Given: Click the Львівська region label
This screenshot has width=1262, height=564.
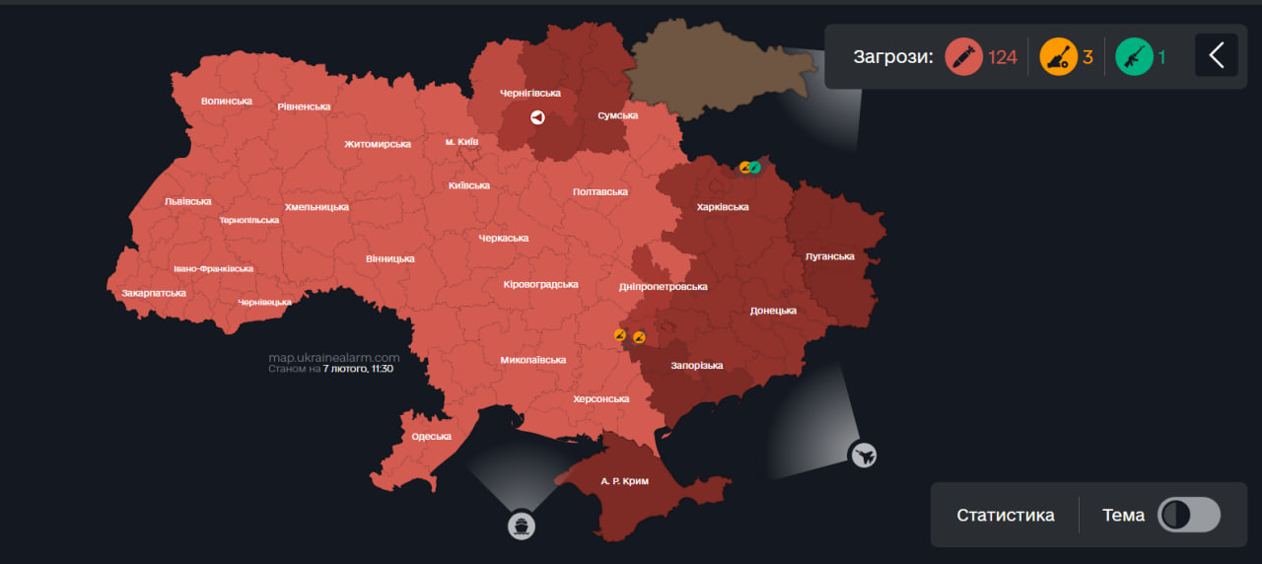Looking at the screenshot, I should pyautogui.click(x=187, y=201).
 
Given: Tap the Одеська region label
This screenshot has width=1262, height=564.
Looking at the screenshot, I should pyautogui.click(x=431, y=436).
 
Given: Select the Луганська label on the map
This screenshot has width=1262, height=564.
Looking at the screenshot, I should pyautogui.click(x=829, y=256).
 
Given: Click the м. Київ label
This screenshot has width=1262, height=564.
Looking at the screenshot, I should pyautogui.click(x=461, y=142).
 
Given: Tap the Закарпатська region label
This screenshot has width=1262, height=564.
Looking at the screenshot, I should pyautogui.click(x=153, y=293).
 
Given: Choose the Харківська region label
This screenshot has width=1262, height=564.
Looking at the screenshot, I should pyautogui.click(x=722, y=207).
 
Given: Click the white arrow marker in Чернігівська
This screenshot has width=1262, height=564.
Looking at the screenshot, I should pyautogui.click(x=537, y=117).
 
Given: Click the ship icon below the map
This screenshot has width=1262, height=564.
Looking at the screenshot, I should pyautogui.click(x=522, y=526).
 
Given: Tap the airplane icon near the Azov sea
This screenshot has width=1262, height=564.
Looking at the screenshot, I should pyautogui.click(x=863, y=455).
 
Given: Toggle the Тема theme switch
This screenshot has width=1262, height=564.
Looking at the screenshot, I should pyautogui.click(x=1188, y=515).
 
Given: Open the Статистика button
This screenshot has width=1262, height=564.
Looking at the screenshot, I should pyautogui.click(x=1005, y=515).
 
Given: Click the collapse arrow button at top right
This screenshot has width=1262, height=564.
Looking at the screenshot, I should pyautogui.click(x=1217, y=55).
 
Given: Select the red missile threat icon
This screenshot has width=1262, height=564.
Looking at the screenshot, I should pyautogui.click(x=963, y=56).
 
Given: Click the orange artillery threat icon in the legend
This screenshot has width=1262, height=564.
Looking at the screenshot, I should pyautogui.click(x=1058, y=56).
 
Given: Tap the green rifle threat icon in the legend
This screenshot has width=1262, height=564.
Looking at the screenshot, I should pyautogui.click(x=1134, y=56).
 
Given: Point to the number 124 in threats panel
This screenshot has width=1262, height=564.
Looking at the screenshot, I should pyautogui.click(x=1002, y=57).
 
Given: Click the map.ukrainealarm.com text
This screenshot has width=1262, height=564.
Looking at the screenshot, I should pyautogui.click(x=333, y=358).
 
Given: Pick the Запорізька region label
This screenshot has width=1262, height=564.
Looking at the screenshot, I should pyautogui.click(x=696, y=366).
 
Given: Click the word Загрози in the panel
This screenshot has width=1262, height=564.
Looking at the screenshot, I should pyautogui.click(x=893, y=56).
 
